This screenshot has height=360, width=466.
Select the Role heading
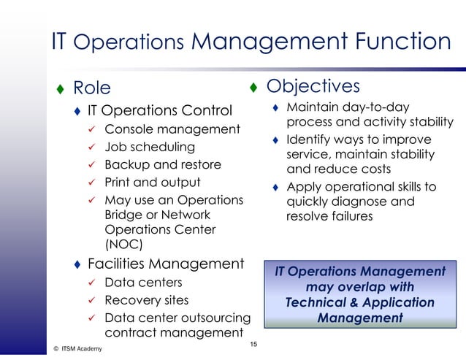pos(92,88)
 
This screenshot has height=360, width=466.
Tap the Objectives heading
pos(313,86)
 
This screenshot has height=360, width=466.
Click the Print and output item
pos(152,182)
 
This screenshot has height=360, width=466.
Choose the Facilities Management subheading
pos(165,263)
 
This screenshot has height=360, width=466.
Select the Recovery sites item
pos(146,300)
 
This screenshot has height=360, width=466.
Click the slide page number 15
pos(253,345)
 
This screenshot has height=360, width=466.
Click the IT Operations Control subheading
pos(159,112)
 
